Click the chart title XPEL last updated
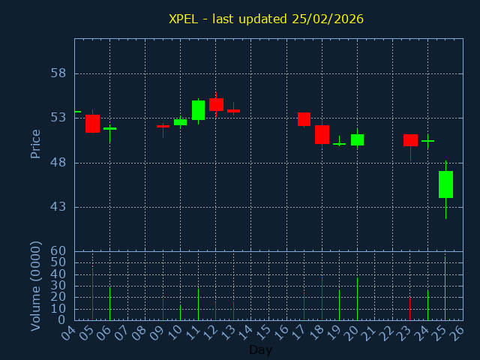[266, 19]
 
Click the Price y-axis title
[35, 143]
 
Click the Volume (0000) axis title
[35, 286]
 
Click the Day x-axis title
[260, 349]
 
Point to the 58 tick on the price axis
[58, 73]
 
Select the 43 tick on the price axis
[58, 207]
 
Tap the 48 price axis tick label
[58, 163]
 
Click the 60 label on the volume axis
[58, 251]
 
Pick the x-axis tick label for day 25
[442, 331]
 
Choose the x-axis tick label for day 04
[69, 331]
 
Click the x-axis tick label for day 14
[247, 331]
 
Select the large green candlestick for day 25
[445, 184]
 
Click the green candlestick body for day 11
[198, 110]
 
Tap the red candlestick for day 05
[92, 124]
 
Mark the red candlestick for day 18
[322, 134]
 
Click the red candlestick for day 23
[410, 140]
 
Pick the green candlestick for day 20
[357, 139]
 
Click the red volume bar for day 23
[409, 309]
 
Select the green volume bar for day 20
[357, 299]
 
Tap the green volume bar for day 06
[109, 304]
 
